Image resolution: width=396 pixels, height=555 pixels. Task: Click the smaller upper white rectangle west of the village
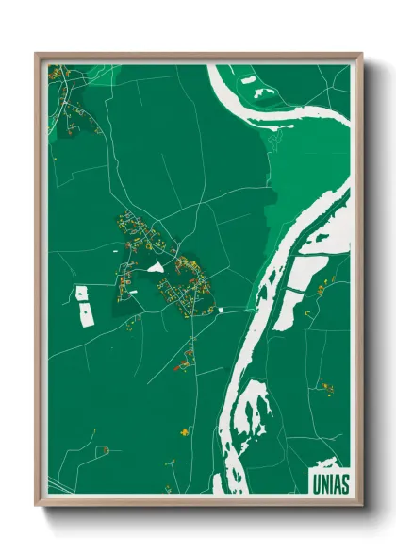(x=81, y=294)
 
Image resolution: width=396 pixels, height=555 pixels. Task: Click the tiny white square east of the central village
(x=220, y=309)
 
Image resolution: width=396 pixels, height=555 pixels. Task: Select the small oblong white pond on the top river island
(x=249, y=81)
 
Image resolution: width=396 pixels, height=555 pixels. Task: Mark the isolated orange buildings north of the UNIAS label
(x=327, y=386)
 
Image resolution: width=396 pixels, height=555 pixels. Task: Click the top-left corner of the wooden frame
(x=37, y=54)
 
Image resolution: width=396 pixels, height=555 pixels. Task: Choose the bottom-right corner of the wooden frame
(x=361, y=507)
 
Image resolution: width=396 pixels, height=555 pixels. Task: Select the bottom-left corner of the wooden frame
(x=37, y=507)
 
